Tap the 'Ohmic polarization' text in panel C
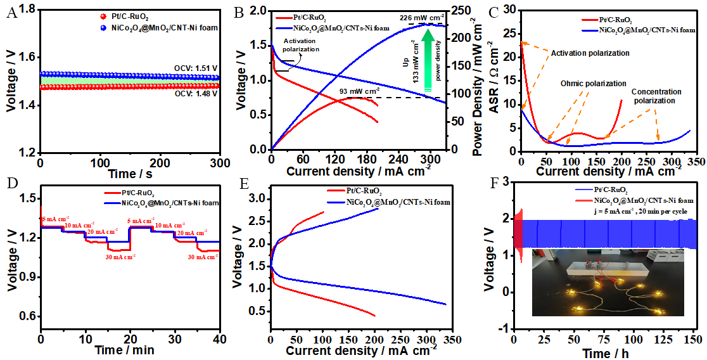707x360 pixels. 593,84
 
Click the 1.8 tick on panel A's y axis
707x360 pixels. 26,9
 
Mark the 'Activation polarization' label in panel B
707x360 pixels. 301,44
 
